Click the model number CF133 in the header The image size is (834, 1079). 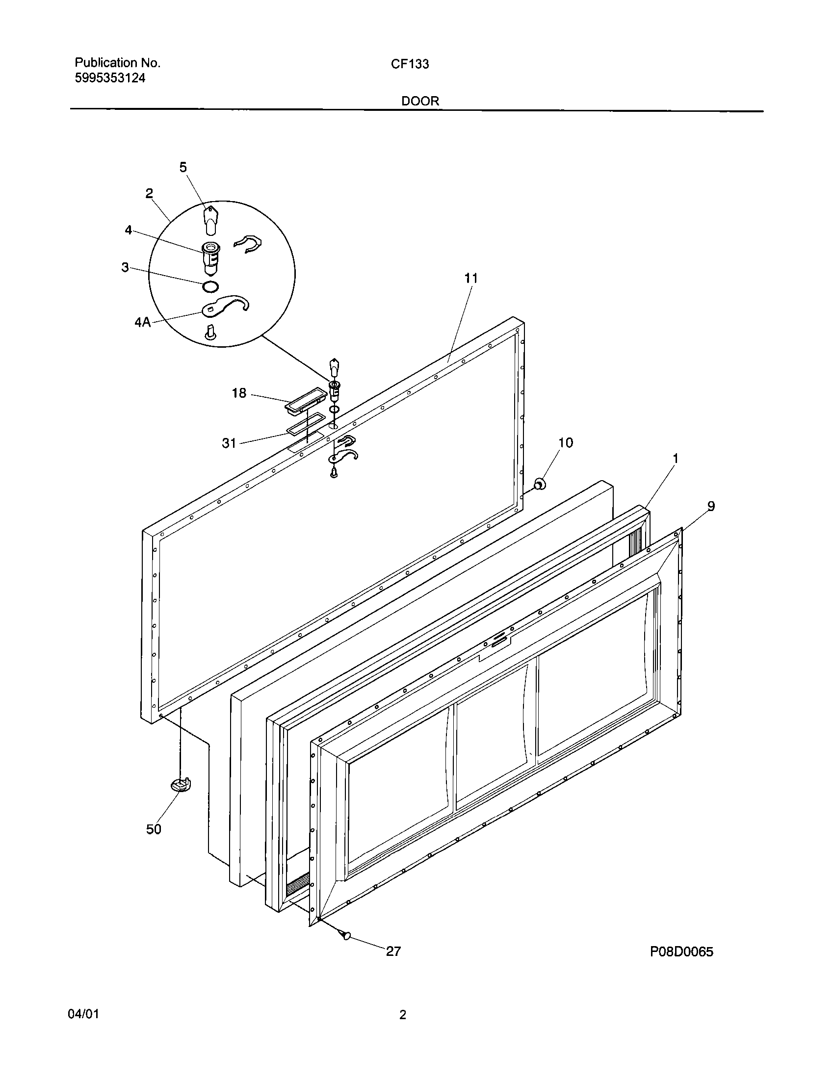[410, 64]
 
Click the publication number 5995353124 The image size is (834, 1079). [110, 78]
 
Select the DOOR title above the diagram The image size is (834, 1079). [420, 102]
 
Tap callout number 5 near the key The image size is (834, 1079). [183, 167]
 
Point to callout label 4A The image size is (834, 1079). [142, 323]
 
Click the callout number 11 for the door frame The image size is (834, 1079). [471, 279]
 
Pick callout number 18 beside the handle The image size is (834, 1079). [239, 393]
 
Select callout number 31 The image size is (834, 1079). [229, 443]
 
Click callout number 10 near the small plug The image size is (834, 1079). [565, 443]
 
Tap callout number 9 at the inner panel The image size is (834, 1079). [711, 506]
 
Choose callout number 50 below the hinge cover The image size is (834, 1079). [154, 829]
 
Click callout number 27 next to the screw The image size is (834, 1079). [393, 951]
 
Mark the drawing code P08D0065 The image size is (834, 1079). [681, 951]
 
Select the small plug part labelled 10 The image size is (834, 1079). [541, 484]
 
